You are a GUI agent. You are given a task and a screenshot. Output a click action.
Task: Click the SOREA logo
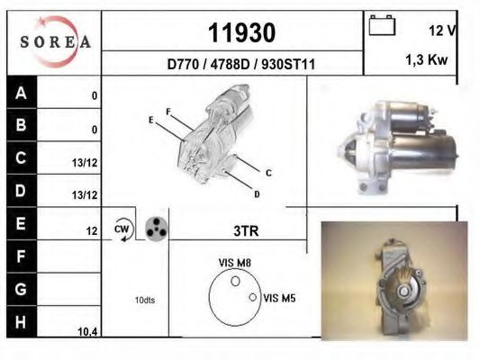(x=55, y=41)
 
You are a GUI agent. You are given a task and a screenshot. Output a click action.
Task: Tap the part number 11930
(x=242, y=32)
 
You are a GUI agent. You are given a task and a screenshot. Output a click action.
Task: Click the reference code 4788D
(x=231, y=64)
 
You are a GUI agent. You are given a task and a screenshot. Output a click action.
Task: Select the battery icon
(x=382, y=25)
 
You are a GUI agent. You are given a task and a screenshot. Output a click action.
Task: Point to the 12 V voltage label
(x=443, y=31)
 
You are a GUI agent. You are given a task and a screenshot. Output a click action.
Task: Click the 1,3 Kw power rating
(x=427, y=59)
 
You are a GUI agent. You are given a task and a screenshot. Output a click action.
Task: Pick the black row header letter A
(x=21, y=93)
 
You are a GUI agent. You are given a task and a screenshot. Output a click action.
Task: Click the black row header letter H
(x=21, y=322)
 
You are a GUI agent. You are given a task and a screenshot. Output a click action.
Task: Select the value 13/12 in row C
(x=85, y=163)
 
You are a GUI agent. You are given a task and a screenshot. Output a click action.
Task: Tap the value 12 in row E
(x=92, y=231)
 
